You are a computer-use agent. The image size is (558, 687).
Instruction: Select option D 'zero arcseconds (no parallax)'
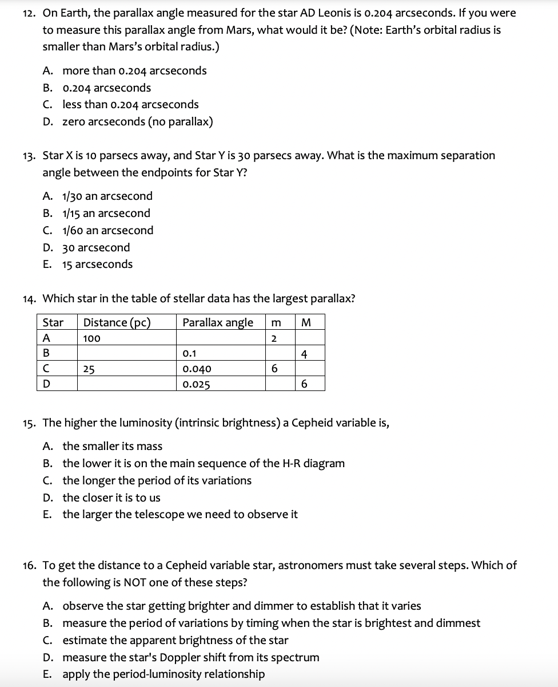point(137,121)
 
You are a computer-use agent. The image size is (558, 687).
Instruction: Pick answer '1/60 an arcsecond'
point(107,230)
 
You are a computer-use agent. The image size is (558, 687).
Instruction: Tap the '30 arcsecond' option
point(95,247)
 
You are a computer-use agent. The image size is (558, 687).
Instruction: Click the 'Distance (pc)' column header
point(117,322)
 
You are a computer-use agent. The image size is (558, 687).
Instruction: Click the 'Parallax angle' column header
point(217,322)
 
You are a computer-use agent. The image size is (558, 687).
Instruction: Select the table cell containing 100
point(91,338)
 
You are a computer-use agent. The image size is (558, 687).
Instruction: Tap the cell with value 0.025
point(197,385)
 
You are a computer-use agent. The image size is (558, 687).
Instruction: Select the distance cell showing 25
point(88,369)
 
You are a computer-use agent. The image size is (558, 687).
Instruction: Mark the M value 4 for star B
point(304,354)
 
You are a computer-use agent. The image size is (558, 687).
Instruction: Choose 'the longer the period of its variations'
point(157,480)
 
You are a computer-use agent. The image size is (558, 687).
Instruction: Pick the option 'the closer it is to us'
point(111,498)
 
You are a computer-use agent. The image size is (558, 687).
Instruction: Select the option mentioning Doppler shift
point(190,657)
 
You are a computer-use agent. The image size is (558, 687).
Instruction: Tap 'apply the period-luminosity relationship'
point(163,674)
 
